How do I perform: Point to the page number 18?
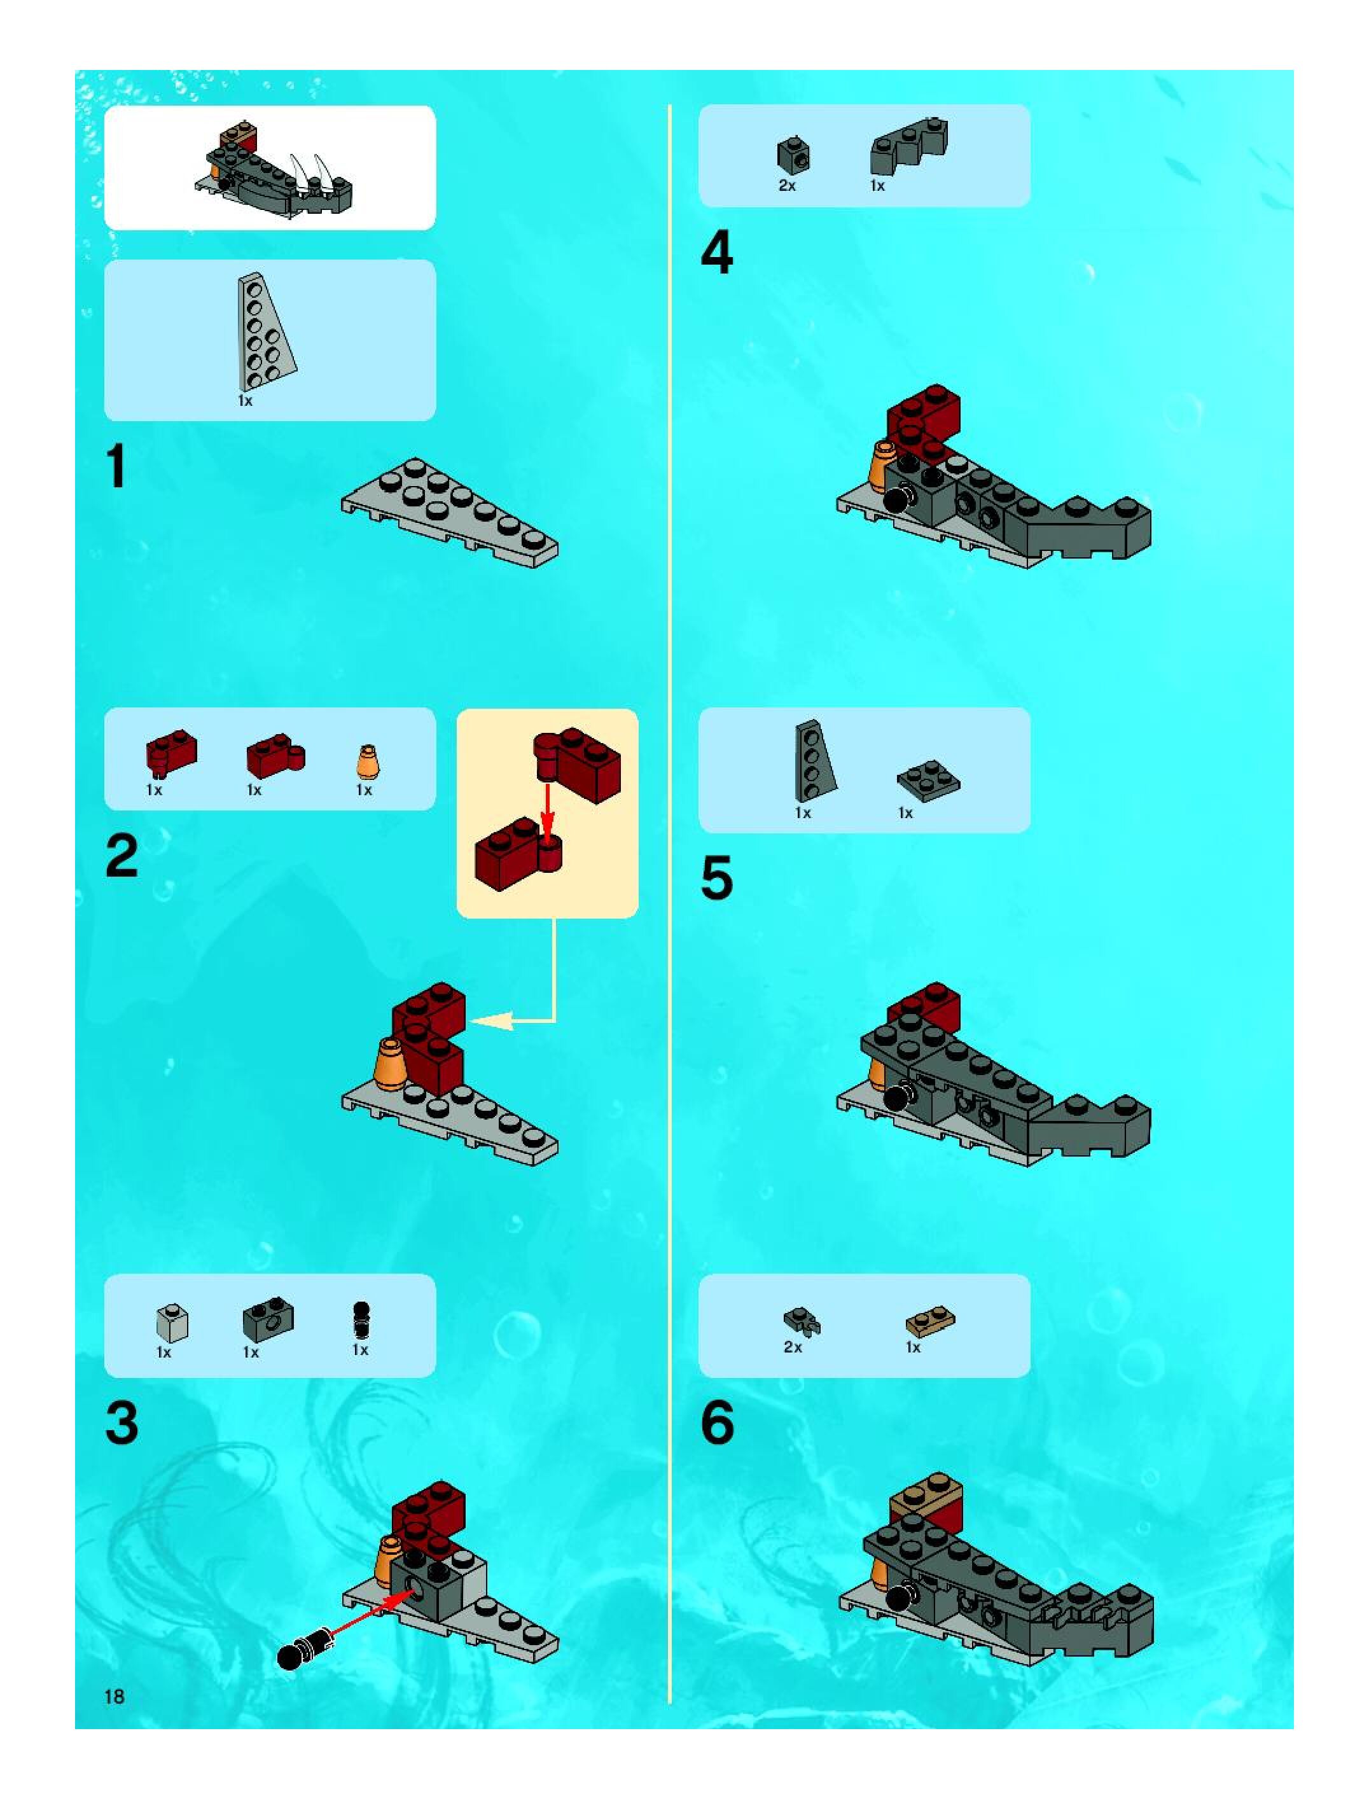[x=115, y=1696]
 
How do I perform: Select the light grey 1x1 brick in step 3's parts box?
[x=172, y=1323]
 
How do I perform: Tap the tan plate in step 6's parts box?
[x=930, y=1322]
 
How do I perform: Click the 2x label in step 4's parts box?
[x=787, y=186]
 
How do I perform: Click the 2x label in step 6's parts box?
[x=793, y=1347]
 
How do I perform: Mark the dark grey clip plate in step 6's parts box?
[x=802, y=1321]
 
